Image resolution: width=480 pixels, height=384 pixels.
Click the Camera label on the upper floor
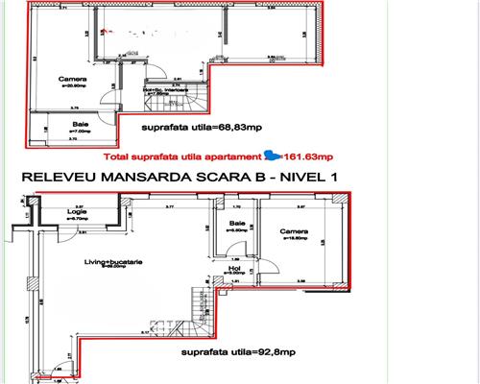67,79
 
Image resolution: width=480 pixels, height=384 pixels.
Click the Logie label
77,212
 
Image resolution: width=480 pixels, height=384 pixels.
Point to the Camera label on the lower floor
295,231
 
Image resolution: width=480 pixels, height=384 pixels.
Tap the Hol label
234,268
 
